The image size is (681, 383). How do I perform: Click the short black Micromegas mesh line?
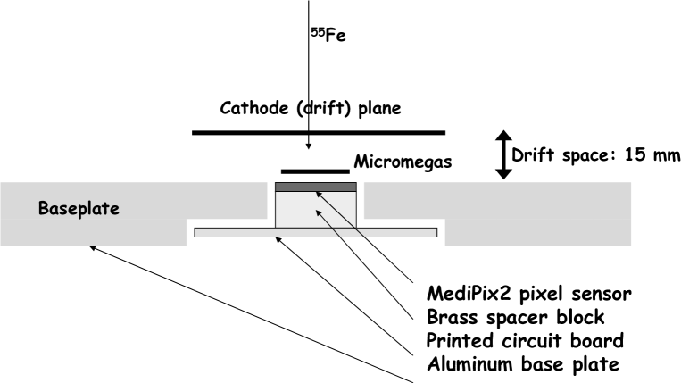(x=315, y=170)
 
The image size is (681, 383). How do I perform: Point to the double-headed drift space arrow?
(x=503, y=155)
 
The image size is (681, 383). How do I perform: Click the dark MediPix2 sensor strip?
(x=316, y=187)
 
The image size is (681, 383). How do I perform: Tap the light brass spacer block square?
(x=316, y=208)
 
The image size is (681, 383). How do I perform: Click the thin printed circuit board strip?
(x=316, y=232)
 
